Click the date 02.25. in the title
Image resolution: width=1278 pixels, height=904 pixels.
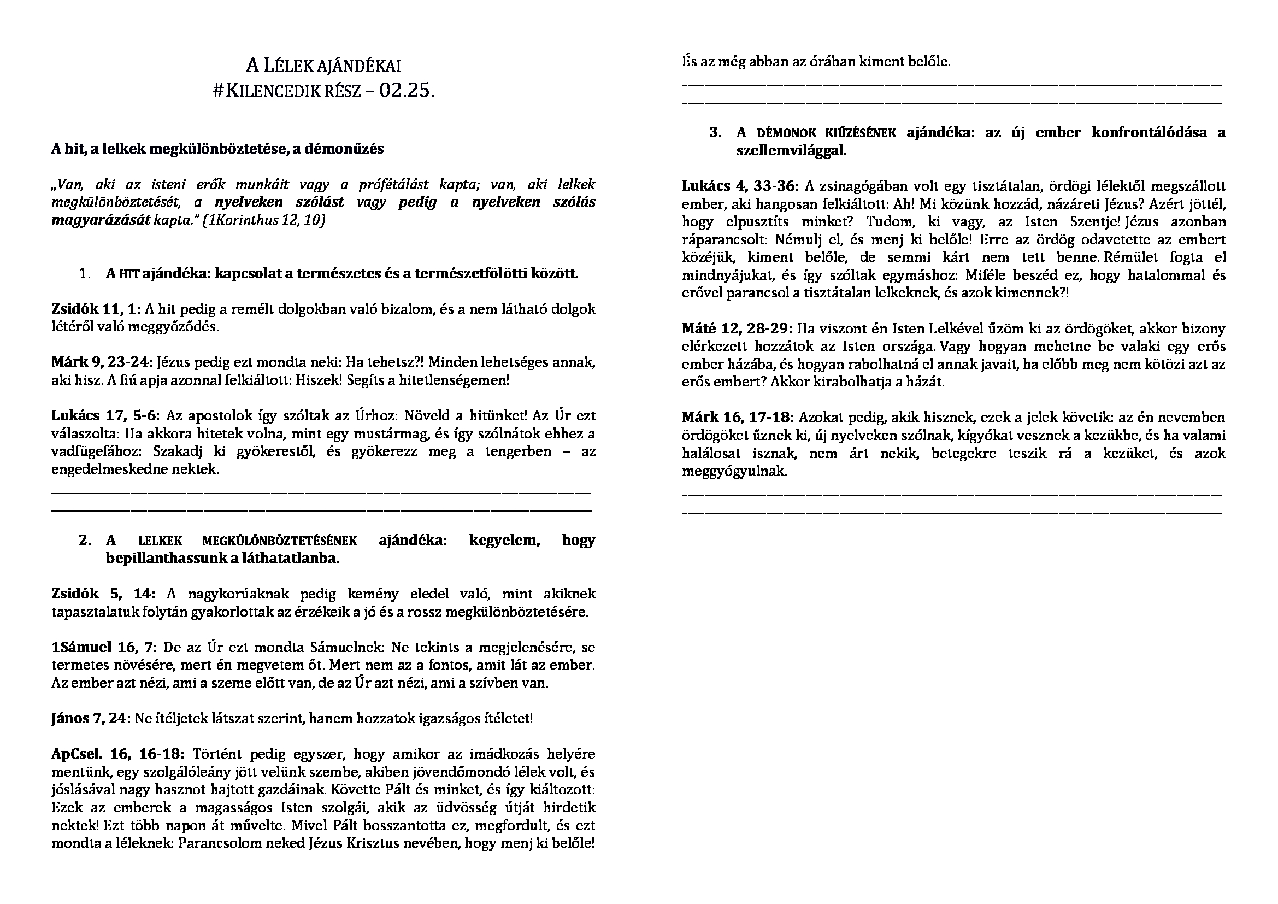point(407,91)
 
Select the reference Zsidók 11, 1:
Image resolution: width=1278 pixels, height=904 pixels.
point(96,309)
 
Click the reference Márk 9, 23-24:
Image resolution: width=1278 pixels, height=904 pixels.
point(102,363)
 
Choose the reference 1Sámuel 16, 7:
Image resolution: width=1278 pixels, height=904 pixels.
point(105,647)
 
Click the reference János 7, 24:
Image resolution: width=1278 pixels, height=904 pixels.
point(91,719)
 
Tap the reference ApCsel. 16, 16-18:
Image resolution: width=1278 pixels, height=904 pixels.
point(117,754)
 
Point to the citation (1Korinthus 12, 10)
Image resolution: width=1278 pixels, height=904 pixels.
point(264,220)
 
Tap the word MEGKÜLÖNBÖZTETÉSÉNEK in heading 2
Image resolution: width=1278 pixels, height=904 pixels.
point(279,541)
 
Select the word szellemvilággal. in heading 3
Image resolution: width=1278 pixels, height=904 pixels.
point(791,151)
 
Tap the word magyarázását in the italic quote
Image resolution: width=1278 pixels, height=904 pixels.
point(101,220)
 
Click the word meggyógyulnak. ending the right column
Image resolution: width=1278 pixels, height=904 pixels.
point(735,472)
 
